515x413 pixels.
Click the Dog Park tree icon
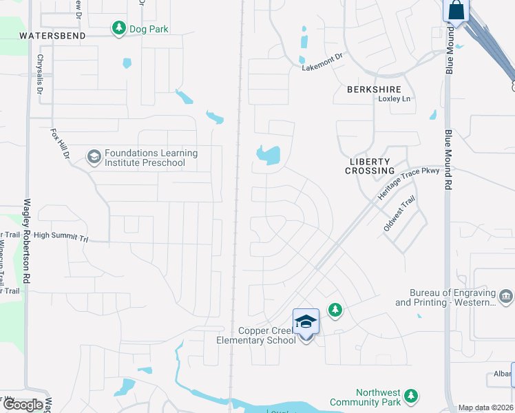coord(119,28)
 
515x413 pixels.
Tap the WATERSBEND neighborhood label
coord(52,35)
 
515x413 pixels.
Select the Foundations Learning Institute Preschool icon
coord(94,157)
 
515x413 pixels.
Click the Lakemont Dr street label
coord(322,67)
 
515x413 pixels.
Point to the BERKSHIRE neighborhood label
coord(374,89)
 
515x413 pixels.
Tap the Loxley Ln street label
coord(395,99)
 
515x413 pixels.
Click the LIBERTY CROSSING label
coord(372,166)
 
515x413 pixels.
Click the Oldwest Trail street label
coord(400,213)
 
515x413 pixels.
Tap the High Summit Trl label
coord(61,235)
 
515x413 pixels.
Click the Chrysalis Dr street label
coord(40,75)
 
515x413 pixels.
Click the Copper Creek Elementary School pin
coord(306,322)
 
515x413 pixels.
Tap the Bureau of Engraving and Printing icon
coord(506,297)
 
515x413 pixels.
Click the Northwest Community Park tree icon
coord(411,396)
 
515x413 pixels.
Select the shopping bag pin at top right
coord(456,11)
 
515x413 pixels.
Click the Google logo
coord(23,405)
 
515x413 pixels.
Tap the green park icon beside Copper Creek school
coord(335,311)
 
